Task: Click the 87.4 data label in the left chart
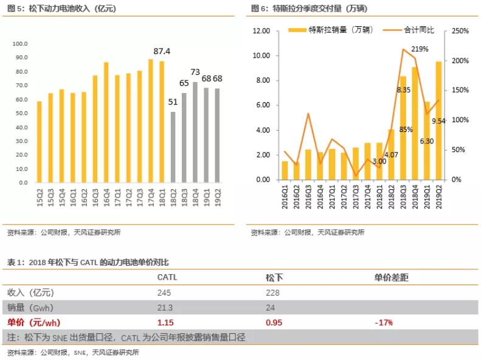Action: [x=162, y=51]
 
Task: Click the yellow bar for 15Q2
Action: [x=39, y=142]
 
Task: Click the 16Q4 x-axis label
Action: [x=106, y=198]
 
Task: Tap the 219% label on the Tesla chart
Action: [x=420, y=49]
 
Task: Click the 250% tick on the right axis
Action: [x=460, y=31]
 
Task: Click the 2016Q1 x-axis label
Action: [x=285, y=199]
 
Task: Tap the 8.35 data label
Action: [x=403, y=89]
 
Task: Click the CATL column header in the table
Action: [x=167, y=277]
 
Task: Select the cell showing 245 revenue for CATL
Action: [x=164, y=292]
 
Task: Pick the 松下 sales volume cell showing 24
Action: [x=271, y=307]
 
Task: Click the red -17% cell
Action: [x=384, y=322]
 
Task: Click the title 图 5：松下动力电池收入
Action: [x=61, y=9]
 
